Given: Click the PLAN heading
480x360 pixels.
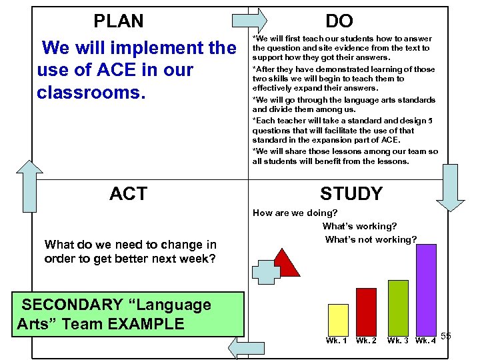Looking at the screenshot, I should (x=119, y=21).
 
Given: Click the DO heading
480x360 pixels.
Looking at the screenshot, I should (x=339, y=21).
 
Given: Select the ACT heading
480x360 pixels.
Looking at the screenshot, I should (x=128, y=194).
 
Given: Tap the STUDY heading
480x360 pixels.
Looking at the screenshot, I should (x=351, y=194).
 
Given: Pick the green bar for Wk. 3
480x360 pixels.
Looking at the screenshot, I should (x=397, y=307).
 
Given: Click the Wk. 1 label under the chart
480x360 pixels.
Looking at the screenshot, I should (x=337, y=341).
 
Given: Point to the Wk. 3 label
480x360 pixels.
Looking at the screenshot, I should (x=398, y=341).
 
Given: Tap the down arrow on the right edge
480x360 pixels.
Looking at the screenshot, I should (x=451, y=187).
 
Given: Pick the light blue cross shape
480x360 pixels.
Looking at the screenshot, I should (x=267, y=273).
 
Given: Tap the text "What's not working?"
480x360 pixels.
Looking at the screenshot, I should (x=371, y=239).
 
